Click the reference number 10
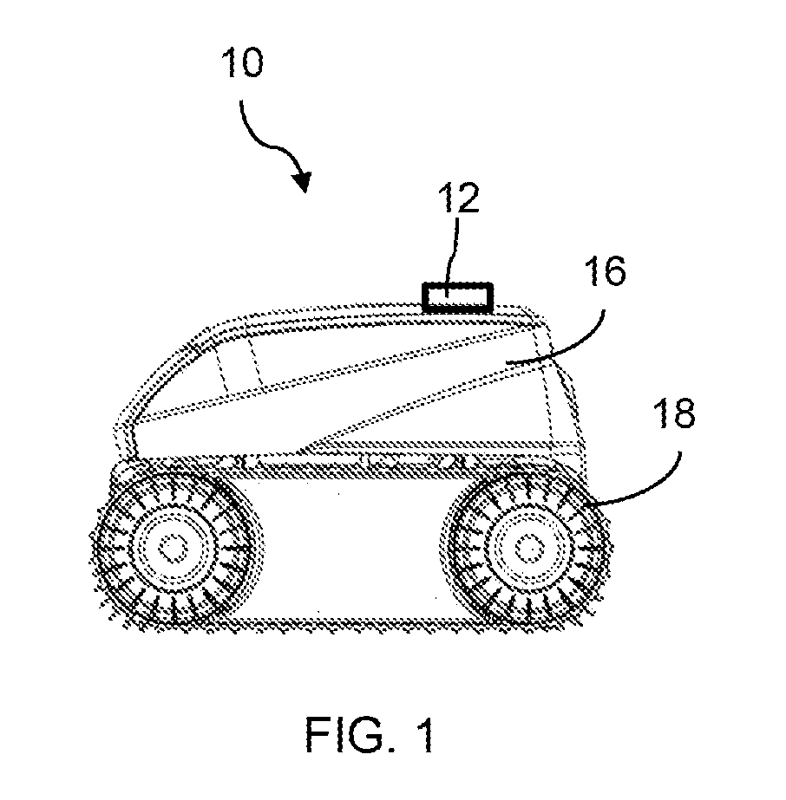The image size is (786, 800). (242, 62)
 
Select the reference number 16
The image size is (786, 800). (606, 270)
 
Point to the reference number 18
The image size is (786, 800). (675, 413)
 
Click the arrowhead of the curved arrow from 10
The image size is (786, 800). (303, 182)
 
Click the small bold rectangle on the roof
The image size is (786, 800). (457, 297)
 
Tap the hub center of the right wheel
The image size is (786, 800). (529, 549)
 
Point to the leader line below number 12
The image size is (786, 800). (452, 256)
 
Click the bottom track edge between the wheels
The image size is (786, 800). (347, 623)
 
